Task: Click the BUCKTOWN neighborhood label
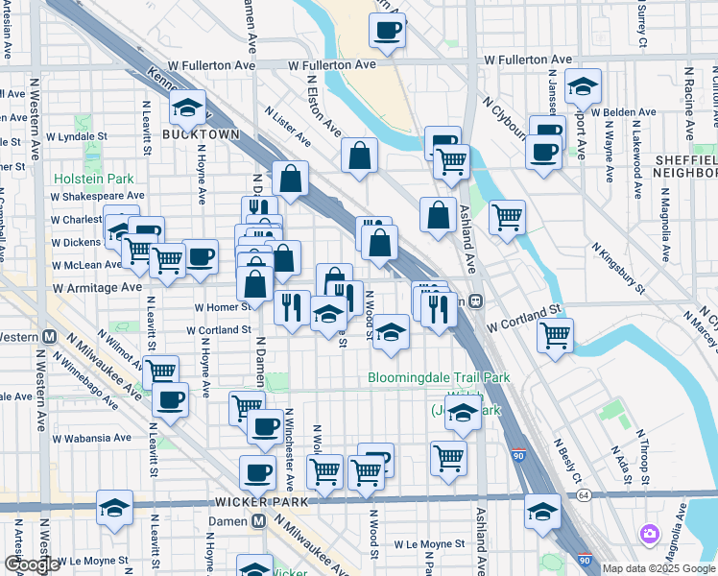click(200, 134)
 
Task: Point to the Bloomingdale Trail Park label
click(439, 378)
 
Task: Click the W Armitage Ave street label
click(98, 287)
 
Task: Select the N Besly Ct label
click(568, 460)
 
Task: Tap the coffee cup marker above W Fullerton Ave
click(387, 29)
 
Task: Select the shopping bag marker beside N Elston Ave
click(359, 155)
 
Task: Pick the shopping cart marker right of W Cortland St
click(556, 335)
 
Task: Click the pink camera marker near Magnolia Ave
click(650, 533)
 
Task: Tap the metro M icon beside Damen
click(258, 520)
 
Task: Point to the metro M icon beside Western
click(49, 337)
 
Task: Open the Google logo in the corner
click(33, 564)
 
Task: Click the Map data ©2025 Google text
click(658, 568)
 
